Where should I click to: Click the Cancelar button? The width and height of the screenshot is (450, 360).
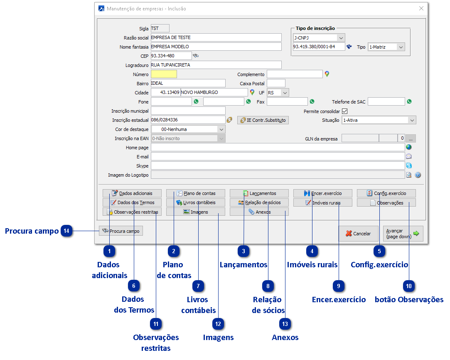coord(358,234)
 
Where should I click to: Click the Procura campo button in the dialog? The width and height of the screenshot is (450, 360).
coord(121,231)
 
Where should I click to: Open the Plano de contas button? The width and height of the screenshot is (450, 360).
coord(196,193)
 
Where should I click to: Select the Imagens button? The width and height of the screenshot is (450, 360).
coord(196,212)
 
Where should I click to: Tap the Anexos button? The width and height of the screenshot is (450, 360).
coord(259,212)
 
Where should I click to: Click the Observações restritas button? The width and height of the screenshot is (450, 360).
coord(132,212)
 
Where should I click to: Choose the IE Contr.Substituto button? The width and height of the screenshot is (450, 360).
coord(263,120)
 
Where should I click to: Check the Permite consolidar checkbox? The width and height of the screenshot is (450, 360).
coord(344,111)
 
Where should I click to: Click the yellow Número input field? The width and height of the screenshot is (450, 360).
coord(164,74)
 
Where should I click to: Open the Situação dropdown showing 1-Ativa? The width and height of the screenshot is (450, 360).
coord(379,120)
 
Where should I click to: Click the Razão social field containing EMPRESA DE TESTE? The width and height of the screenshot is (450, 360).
coord(216,37)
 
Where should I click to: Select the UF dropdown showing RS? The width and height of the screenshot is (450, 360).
coord(278,92)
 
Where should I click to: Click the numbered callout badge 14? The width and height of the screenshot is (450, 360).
coord(67,231)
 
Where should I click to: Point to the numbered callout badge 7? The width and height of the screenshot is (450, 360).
coord(199,286)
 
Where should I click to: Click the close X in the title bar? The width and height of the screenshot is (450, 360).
coord(421,8)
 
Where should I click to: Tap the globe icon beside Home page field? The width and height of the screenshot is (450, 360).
coord(408,147)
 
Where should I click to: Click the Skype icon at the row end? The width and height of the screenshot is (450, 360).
coord(408,166)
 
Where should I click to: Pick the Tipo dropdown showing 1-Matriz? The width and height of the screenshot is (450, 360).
coord(386,47)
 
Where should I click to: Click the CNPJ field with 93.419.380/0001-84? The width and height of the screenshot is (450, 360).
coord(319,47)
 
